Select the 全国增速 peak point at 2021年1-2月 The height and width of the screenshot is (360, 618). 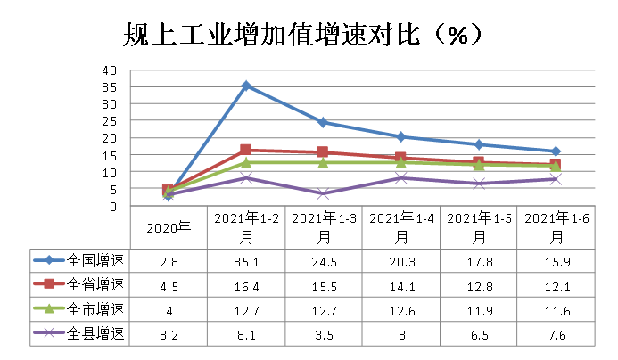[246, 86]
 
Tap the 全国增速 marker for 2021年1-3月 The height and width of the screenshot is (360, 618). [323, 122]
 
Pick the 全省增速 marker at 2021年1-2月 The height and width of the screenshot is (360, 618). [246, 150]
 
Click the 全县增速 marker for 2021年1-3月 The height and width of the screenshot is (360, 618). [323, 193]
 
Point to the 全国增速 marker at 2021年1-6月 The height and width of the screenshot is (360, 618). [556, 151]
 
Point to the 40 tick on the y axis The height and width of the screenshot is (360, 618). [109, 70]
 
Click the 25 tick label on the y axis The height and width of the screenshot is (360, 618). [109, 120]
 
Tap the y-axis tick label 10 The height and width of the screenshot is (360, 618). [109, 171]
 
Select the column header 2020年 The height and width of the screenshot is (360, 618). [169, 227]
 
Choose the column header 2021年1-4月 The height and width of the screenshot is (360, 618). [400, 227]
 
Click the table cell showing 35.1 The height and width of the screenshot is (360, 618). [246, 261]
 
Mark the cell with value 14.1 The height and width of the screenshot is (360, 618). [400, 286]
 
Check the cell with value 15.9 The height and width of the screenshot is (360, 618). [556, 261]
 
